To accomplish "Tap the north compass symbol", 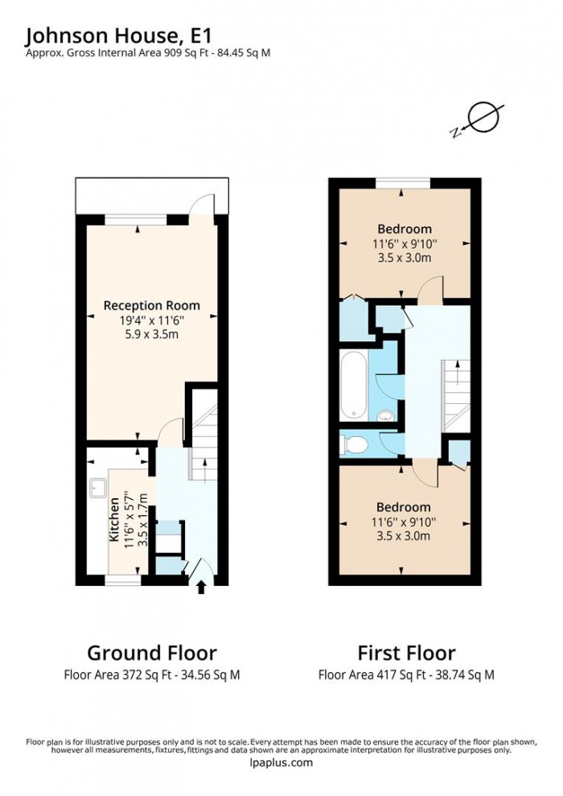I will click(482, 118).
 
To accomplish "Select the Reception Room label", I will click(151, 306).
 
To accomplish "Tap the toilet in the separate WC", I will click(355, 444).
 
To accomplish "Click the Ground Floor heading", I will click(151, 653).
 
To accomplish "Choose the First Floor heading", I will click(406, 653).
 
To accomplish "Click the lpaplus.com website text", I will click(281, 763).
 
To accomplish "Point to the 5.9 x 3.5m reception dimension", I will click(151, 334).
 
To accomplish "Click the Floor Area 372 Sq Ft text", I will click(151, 675).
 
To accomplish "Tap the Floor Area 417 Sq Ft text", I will click(406, 675).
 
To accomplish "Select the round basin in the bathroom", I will click(385, 415).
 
